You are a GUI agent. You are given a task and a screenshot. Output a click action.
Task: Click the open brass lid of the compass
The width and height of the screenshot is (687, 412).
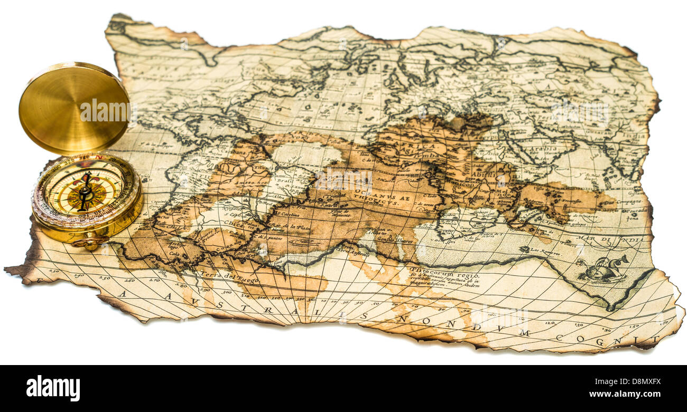click(x=74, y=108)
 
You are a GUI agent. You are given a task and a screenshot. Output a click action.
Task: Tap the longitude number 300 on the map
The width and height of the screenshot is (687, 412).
click(x=227, y=292)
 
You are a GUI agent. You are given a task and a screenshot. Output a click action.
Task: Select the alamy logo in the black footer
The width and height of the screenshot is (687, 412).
click(x=53, y=388)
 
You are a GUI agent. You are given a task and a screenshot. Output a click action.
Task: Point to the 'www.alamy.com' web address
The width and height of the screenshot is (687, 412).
click(x=624, y=395)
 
